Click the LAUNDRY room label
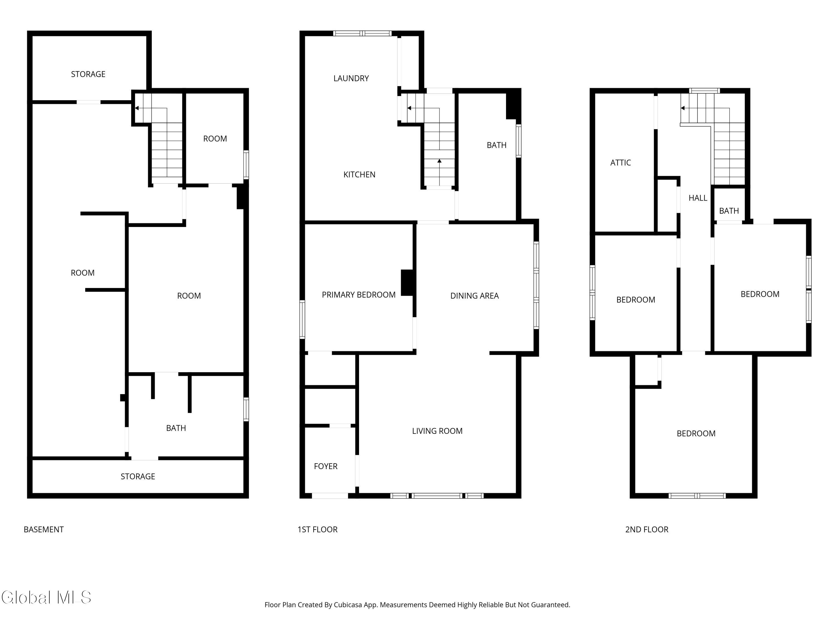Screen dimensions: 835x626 tap(351, 78)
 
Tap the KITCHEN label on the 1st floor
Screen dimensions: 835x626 tap(359, 175)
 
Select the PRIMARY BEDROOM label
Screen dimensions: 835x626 tap(358, 295)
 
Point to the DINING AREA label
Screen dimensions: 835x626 tap(475, 296)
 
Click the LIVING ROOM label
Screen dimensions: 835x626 tap(437, 431)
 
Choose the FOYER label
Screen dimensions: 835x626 tap(326, 466)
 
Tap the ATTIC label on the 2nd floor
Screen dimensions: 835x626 tap(621, 163)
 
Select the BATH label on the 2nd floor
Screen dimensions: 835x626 tap(729, 211)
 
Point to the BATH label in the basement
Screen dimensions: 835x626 tap(176, 428)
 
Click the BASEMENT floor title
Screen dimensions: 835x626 tap(44, 529)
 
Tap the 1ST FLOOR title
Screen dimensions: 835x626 tap(318, 529)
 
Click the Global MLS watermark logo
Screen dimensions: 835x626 tap(46, 597)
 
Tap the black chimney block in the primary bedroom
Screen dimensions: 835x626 tap(407, 283)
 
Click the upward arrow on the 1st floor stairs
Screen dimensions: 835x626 tap(439, 172)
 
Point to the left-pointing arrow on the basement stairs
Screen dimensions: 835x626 tap(151, 108)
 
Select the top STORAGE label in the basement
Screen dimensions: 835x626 tap(88, 74)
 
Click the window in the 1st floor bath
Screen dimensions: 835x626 tap(519, 141)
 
